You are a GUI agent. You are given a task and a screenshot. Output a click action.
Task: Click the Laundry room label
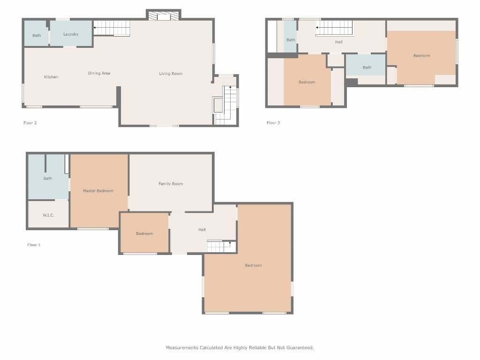click(x=71, y=34)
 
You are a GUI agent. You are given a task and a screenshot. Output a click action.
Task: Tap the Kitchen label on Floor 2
click(x=51, y=77)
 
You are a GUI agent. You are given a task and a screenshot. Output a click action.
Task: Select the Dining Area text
click(x=99, y=73)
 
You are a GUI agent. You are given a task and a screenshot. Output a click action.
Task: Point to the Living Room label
click(x=171, y=74)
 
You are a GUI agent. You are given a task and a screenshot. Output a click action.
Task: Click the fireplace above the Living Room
click(x=164, y=15)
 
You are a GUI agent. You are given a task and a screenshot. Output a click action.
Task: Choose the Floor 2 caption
click(x=30, y=123)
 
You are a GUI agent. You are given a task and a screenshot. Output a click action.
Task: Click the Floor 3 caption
click(x=273, y=123)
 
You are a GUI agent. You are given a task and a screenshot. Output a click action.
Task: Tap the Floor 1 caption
click(x=34, y=245)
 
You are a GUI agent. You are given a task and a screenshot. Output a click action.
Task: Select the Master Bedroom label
click(x=98, y=191)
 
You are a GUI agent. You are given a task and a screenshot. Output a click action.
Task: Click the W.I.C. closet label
click(x=48, y=215)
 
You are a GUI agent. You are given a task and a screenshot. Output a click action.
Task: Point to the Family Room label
click(x=171, y=184)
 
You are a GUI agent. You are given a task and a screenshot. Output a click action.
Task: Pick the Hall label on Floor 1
click(x=202, y=230)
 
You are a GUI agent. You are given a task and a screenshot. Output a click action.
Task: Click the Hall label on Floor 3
click(x=339, y=42)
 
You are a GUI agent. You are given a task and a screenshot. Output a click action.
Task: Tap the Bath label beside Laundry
click(x=37, y=36)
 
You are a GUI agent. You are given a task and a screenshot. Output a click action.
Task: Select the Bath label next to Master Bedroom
click(x=48, y=179)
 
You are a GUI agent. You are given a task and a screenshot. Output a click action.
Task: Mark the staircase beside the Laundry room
click(x=112, y=28)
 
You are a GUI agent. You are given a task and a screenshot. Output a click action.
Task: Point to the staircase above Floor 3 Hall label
click(x=334, y=28)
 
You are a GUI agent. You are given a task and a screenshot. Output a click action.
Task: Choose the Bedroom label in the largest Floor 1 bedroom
click(x=254, y=265)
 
